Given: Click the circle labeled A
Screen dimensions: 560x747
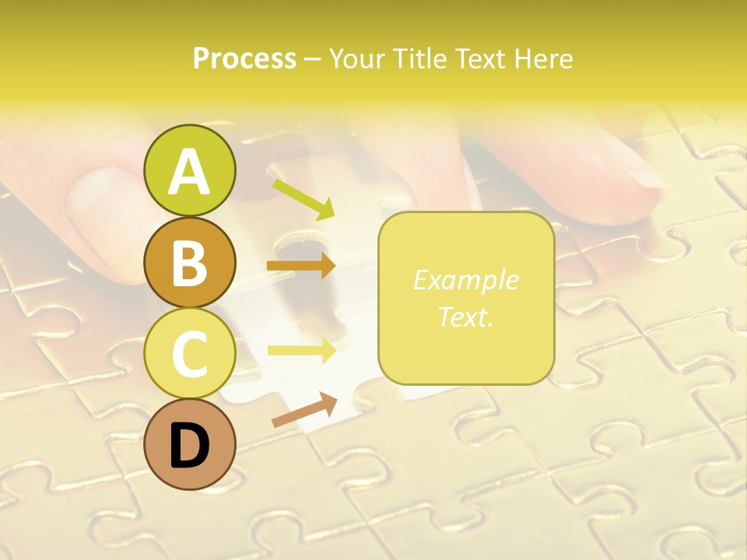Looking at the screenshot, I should (190, 170).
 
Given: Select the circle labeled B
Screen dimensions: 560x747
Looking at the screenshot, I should (190, 262).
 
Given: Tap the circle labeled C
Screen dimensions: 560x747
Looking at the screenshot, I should (190, 353).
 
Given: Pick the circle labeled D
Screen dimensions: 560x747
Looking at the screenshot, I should (190, 444).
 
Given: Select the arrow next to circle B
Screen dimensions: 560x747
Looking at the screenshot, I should (301, 266).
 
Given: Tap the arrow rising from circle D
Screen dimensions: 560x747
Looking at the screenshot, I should (304, 410).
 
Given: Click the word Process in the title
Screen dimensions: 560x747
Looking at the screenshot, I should (244, 58).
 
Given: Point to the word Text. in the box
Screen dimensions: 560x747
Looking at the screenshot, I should (465, 317).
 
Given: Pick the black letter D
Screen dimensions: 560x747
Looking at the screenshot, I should (190, 447).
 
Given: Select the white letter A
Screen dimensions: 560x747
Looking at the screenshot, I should (190, 172).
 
